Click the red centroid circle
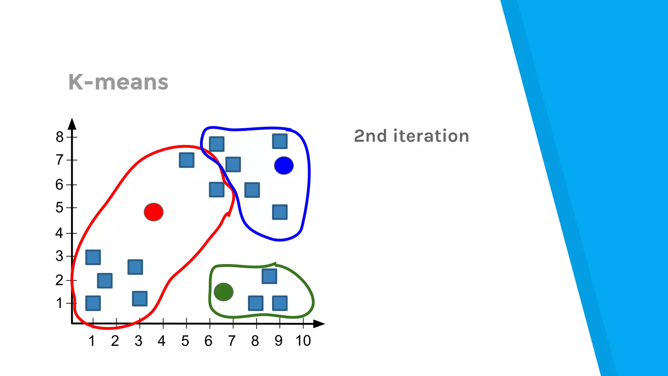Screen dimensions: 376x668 coord(154,212)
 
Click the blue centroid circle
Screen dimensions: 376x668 coord(284,165)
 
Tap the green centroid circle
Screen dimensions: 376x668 coord(223,292)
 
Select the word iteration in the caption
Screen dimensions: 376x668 coord(431,136)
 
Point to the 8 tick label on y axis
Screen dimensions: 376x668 coord(59,137)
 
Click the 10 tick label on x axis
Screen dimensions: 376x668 coord(303,341)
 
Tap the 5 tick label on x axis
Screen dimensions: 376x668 coord(185,341)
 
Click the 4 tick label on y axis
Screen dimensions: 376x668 coord(59,233)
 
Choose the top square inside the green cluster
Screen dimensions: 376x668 coord(269,276)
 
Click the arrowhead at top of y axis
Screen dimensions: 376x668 coord(72,124)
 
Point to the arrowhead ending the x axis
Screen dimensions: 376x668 coord(319,324)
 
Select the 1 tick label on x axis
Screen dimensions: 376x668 coord(92,341)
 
